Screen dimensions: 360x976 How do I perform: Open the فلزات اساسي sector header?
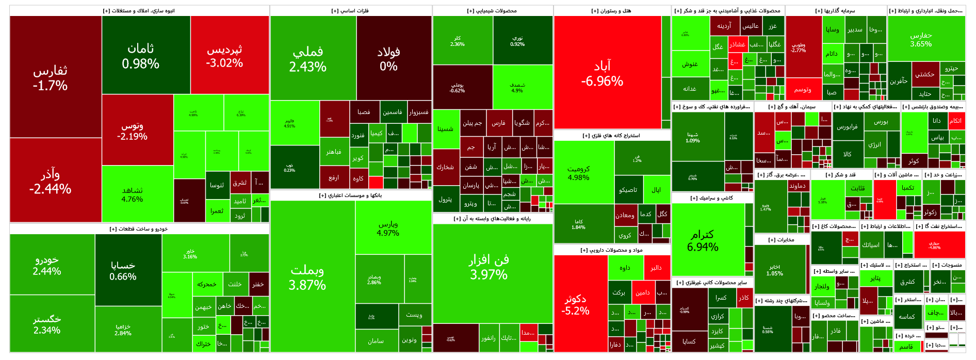tap(351, 11)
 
